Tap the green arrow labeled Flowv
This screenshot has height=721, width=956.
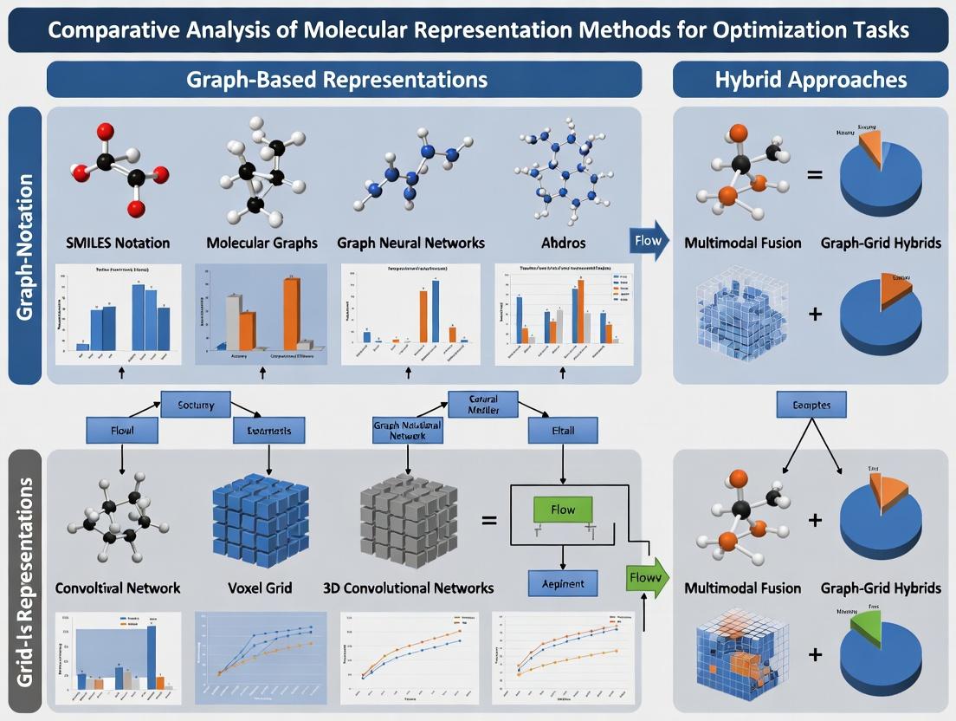[x=643, y=577]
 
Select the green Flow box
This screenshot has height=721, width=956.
[x=563, y=510]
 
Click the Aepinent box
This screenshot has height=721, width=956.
[x=563, y=583]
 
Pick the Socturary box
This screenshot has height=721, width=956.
[x=196, y=404]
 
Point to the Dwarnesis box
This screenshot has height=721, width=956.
[x=268, y=430]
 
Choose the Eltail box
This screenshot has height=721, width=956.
[x=563, y=429]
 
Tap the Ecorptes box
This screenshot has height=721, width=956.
[x=811, y=404]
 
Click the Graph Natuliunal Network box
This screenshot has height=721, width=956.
[x=407, y=431]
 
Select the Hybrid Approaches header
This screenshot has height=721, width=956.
[x=811, y=80]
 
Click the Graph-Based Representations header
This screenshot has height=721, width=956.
[x=344, y=80]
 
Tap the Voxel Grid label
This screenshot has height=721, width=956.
[x=259, y=588]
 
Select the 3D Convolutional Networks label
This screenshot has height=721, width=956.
[x=407, y=588]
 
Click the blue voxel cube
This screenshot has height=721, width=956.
[x=261, y=521]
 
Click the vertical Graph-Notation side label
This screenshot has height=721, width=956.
[x=25, y=246]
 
